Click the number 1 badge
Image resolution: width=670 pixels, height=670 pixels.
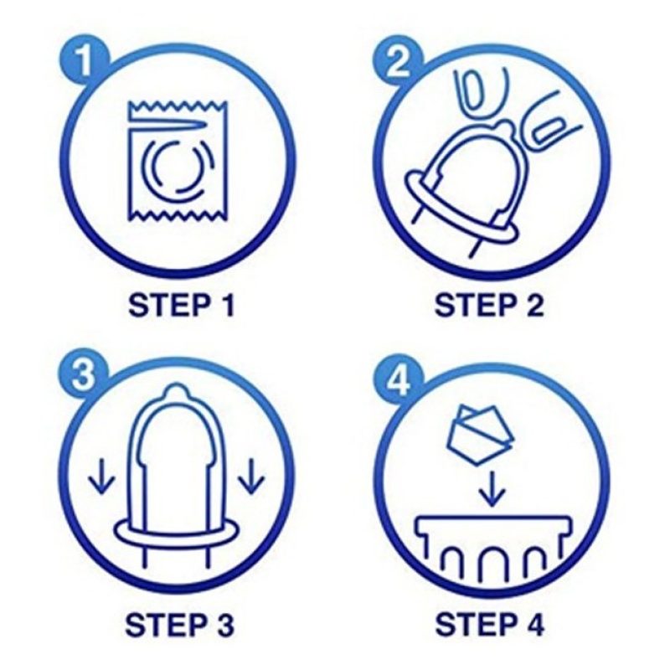pos(85,60)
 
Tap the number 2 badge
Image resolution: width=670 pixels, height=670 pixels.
pos(398,64)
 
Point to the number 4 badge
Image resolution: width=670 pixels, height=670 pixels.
pos(399,379)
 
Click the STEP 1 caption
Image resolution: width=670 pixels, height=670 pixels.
pos(182,305)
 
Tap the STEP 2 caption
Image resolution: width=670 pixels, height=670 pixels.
pos(489,305)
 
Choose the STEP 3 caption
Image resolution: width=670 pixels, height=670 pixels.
pos(180,624)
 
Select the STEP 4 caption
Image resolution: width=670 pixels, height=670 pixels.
pos(489,624)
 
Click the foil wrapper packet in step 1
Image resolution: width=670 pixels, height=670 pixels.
pos(178,161)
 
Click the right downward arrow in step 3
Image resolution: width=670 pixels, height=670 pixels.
pos(251,476)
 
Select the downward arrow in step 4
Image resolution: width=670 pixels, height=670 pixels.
pos(492,488)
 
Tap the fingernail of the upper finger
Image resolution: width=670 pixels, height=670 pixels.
pos(473,92)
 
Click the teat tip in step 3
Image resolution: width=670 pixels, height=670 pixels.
pos(175,390)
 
